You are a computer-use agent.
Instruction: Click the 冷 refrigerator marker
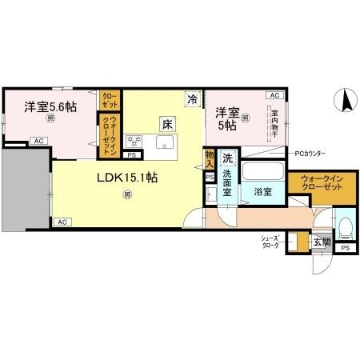192,99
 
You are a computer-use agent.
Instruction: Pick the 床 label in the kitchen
166,124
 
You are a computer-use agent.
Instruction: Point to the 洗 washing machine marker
228,157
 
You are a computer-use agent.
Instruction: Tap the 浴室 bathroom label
263,192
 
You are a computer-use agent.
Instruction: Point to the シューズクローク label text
269,242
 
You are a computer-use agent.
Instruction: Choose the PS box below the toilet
345,249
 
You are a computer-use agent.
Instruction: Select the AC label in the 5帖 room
274,94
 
